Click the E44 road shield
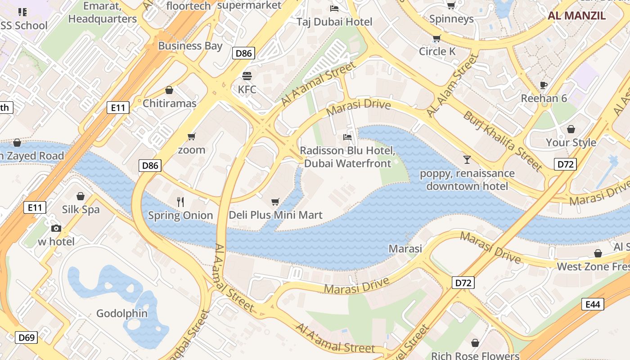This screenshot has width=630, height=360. pyautogui.click(x=593, y=305)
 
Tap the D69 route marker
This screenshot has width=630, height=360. pyautogui.click(x=27, y=337)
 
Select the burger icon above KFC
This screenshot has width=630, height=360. pyautogui.click(x=247, y=76)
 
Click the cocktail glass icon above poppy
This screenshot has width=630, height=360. pyautogui.click(x=467, y=159)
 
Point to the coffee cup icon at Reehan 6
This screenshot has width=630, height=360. pyautogui.click(x=544, y=85)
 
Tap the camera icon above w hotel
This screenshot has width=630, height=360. pyautogui.click(x=56, y=228)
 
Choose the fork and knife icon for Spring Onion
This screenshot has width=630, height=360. pyautogui.click(x=180, y=202)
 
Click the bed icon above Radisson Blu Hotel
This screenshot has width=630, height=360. pyautogui.click(x=347, y=137)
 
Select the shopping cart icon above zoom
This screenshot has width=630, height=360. pyautogui.click(x=192, y=136)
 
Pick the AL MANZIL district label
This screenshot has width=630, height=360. pyautogui.click(x=576, y=16)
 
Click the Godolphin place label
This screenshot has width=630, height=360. pyautogui.click(x=122, y=314)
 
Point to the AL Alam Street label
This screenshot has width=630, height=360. pyautogui.click(x=452, y=85)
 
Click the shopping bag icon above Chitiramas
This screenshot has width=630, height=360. pyautogui.click(x=169, y=90)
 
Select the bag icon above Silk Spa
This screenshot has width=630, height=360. pyautogui.click(x=81, y=196)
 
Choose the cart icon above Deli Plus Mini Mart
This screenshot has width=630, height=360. pyautogui.click(x=275, y=202)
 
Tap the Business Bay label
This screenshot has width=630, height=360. pyautogui.click(x=190, y=45)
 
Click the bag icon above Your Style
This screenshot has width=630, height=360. pyautogui.click(x=571, y=130)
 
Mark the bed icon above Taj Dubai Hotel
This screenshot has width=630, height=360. pyautogui.click(x=334, y=9)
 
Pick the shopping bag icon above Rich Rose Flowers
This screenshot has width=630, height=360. pyautogui.click(x=475, y=343)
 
